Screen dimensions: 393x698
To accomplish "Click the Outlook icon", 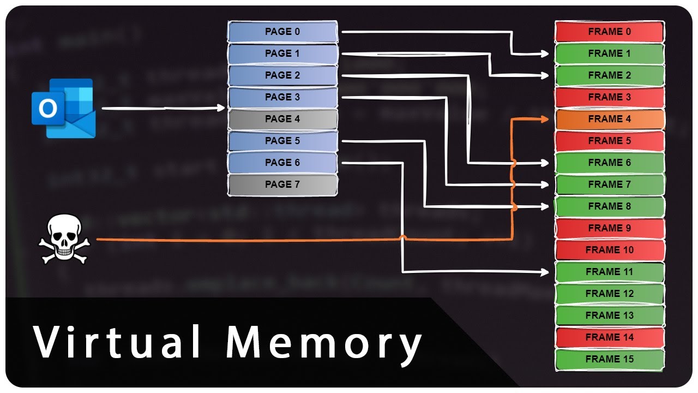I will click(x=63, y=108).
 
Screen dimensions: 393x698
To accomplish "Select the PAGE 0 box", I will click(x=282, y=32).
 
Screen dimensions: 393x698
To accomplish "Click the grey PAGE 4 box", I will click(x=282, y=119).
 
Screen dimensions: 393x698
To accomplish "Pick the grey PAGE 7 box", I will click(x=282, y=184).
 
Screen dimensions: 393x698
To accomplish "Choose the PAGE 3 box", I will click(x=282, y=97).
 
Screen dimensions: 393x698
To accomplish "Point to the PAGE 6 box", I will click(x=282, y=163).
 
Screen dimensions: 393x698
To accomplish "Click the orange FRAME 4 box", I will click(x=610, y=119).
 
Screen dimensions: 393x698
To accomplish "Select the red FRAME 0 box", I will click(x=610, y=32).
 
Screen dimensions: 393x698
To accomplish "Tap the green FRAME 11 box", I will click(x=610, y=272).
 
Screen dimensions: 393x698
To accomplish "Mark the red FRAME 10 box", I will click(x=610, y=250).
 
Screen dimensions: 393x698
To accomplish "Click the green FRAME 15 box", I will click(x=610, y=359).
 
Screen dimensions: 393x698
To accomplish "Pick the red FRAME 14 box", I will click(x=610, y=337).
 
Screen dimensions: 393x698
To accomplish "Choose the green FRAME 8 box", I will click(x=610, y=206).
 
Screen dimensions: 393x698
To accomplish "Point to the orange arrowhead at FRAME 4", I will click(x=545, y=119).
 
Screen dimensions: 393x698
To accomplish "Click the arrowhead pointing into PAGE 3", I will click(x=221, y=108).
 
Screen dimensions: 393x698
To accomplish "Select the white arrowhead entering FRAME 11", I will click(x=545, y=272).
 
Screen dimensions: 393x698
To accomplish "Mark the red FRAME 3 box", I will click(x=610, y=97).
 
